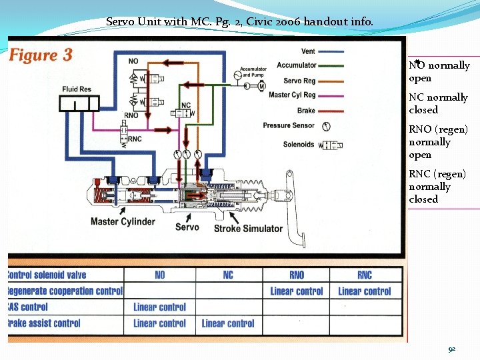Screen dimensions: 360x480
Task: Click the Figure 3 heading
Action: (41, 55)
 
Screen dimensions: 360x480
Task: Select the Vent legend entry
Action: (308, 51)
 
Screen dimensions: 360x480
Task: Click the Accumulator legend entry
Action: (297, 65)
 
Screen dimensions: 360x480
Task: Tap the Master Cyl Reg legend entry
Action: (292, 95)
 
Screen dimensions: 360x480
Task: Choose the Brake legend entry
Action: (306, 110)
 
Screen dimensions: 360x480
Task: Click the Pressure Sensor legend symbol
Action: (326, 125)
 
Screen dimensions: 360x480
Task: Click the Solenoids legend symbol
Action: (331, 145)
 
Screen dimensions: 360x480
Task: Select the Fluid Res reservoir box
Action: (79, 103)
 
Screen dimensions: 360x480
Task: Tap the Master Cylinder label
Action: (123, 222)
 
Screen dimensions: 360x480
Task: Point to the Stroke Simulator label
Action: (248, 229)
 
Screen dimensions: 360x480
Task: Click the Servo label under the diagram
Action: (187, 227)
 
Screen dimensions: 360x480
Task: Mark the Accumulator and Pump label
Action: (253, 72)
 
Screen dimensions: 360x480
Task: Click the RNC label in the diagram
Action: (135, 139)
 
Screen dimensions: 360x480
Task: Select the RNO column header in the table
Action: (297, 275)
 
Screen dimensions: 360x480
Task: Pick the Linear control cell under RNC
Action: (364, 291)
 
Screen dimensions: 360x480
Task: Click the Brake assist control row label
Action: (44, 323)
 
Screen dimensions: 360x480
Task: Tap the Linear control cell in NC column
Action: (228, 323)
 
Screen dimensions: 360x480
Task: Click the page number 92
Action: (451, 349)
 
